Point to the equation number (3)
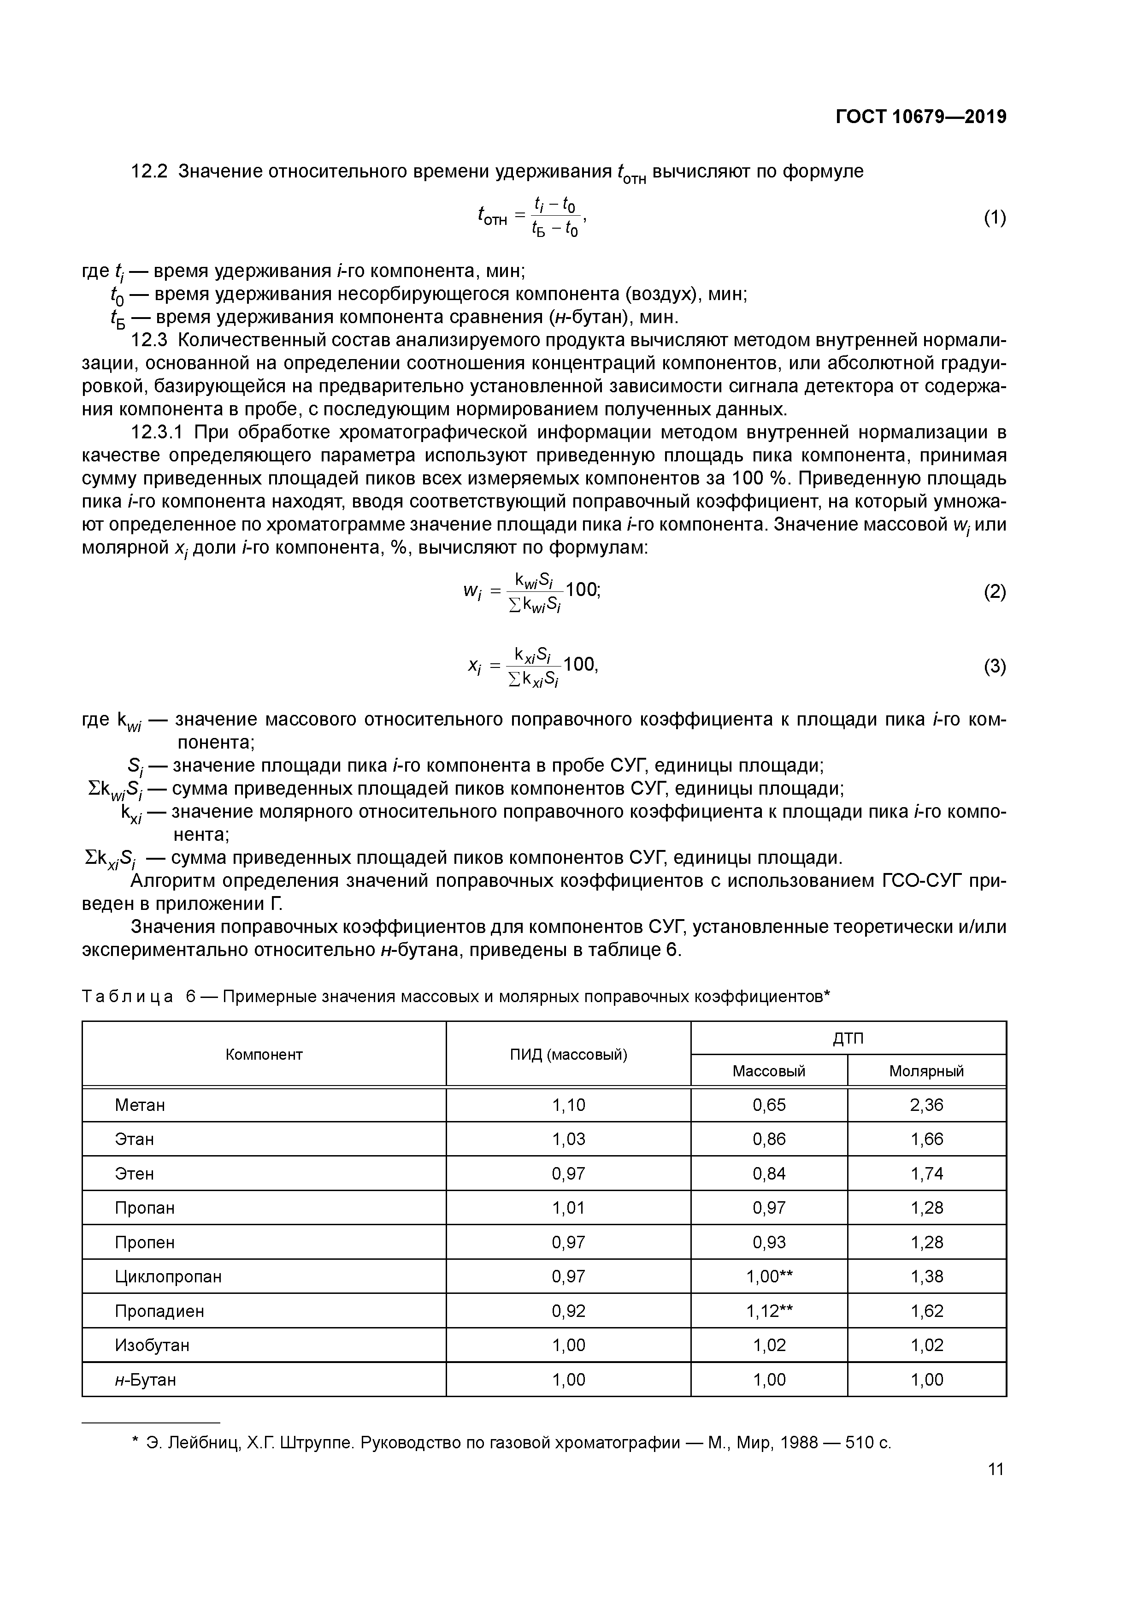point(995,666)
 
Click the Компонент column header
point(264,1054)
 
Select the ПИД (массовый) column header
point(568,1054)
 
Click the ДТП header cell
point(848,1038)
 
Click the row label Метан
point(140,1105)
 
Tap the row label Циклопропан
point(168,1276)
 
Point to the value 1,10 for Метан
point(568,1105)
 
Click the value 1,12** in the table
point(769,1310)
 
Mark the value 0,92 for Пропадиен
point(568,1310)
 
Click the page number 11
point(995,1469)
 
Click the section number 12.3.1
point(156,432)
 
